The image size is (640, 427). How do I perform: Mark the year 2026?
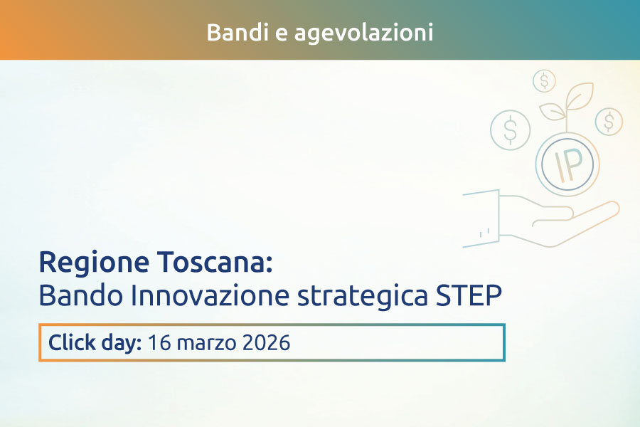(x=266, y=343)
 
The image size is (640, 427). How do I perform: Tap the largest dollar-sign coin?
(x=511, y=130)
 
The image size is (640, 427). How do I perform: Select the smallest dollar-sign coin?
(x=544, y=80)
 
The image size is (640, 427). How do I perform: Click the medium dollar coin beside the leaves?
(x=609, y=121)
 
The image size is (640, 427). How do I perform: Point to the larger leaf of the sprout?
(x=579, y=96)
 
